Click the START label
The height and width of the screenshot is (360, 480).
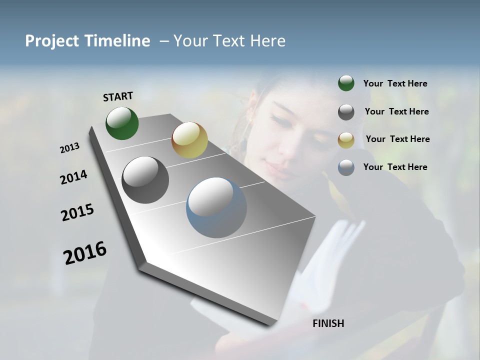pyautogui.click(x=118, y=96)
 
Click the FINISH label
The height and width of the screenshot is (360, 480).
pyautogui.click(x=328, y=323)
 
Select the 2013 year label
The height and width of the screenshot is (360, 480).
pyautogui.click(x=69, y=148)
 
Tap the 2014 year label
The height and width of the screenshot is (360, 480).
pyautogui.click(x=73, y=177)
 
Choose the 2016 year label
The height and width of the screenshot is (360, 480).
pyautogui.click(x=85, y=252)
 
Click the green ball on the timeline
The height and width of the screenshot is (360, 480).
pyautogui.click(x=122, y=123)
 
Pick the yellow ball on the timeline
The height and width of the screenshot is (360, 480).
pyautogui.click(x=189, y=140)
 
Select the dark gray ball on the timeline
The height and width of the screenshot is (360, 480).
pyautogui.click(x=145, y=180)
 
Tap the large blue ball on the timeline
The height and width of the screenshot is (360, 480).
pyautogui.click(x=216, y=207)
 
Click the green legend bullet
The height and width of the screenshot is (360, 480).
pyautogui.click(x=346, y=83)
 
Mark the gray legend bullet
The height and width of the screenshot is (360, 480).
pyautogui.click(x=346, y=111)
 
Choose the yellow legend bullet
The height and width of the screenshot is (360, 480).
pyautogui.click(x=346, y=139)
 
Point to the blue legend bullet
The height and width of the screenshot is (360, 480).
pyautogui.click(x=346, y=167)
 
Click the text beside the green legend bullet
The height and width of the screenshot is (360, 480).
pyautogui.click(x=395, y=84)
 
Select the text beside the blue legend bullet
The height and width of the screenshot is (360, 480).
pyautogui.click(x=395, y=167)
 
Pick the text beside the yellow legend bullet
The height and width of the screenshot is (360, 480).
pyautogui.click(x=397, y=139)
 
